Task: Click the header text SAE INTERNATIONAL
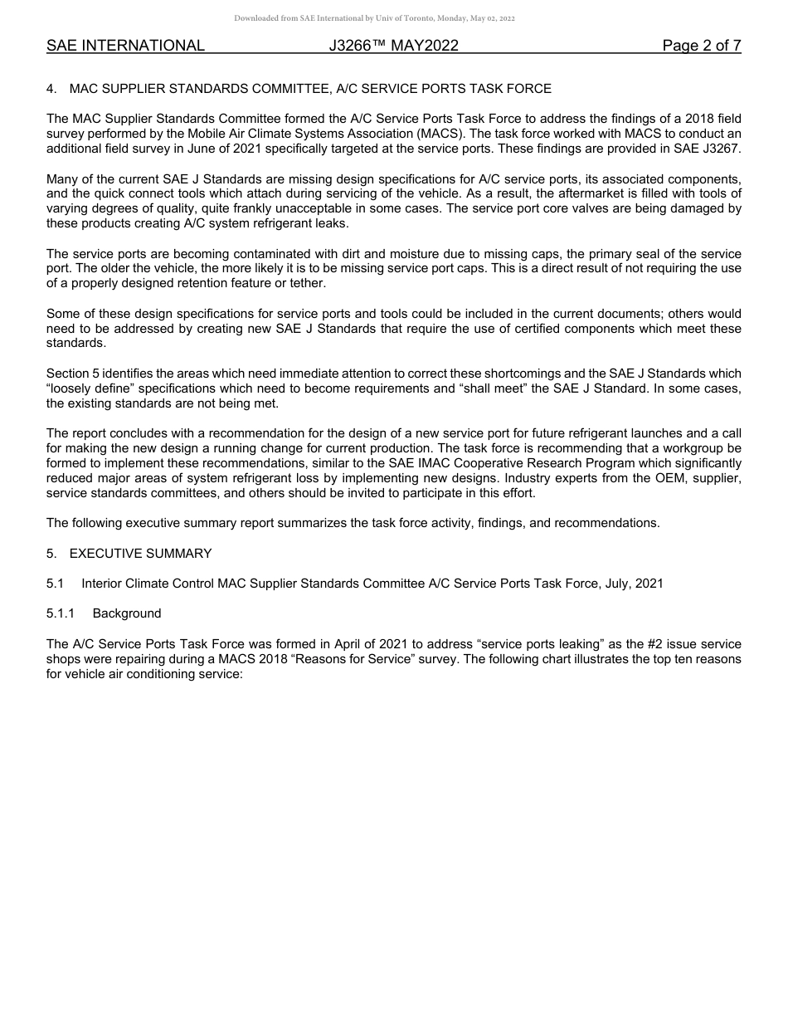[x=125, y=46]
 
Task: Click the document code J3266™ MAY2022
[x=393, y=46]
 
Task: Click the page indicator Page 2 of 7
[x=701, y=46]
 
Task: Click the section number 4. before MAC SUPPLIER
[x=51, y=89]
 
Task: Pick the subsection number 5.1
[x=56, y=584]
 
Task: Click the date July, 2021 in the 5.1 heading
[x=636, y=584]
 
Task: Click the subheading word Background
[x=127, y=613]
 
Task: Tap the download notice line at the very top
[x=374, y=18]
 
